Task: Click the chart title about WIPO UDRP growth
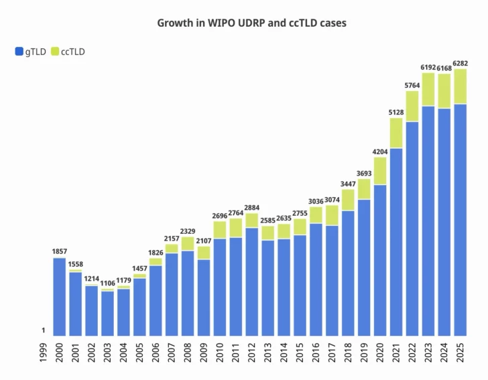pyautogui.click(x=251, y=23)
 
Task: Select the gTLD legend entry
pyautogui.click(x=30, y=52)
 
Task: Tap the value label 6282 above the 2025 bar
pyautogui.click(x=459, y=64)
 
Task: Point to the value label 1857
pyautogui.click(x=60, y=251)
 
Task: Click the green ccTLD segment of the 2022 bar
pyautogui.click(x=412, y=106)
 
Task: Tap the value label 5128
pyautogui.click(x=395, y=113)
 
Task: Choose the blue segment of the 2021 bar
pyautogui.click(x=395, y=241)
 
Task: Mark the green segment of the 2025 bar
pyautogui.click(x=459, y=86)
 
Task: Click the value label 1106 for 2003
pyautogui.click(x=107, y=283)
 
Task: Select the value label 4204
pyautogui.click(x=380, y=151)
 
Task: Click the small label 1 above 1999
pyautogui.click(x=44, y=330)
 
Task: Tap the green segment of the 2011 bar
pyautogui.click(x=235, y=227)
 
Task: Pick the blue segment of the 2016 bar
pyautogui.click(x=316, y=279)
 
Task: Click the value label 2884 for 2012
pyautogui.click(x=251, y=208)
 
